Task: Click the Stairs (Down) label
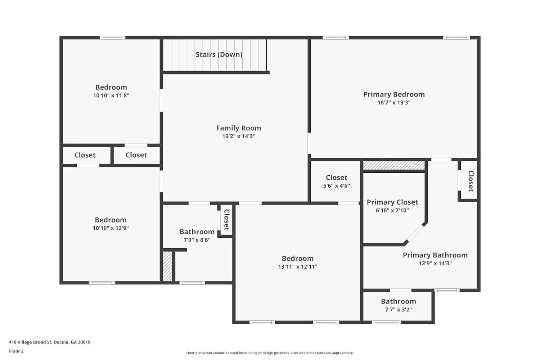point(219,54)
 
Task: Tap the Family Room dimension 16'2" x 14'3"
point(238,136)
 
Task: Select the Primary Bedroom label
point(394,94)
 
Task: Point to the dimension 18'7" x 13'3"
point(394,103)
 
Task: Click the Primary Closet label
point(392,202)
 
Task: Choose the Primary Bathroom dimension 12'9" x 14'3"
point(435,263)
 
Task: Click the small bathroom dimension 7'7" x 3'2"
point(398,310)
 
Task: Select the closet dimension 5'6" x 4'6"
point(336,186)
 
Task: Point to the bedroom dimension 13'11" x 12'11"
point(297,267)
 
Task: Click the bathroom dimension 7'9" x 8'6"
point(197,240)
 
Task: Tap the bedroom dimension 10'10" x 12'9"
point(111,228)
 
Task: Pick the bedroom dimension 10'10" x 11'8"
point(111,95)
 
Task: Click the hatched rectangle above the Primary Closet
point(394,165)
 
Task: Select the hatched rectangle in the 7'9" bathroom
point(167,266)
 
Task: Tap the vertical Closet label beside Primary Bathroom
point(471,181)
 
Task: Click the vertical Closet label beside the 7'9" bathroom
point(226,220)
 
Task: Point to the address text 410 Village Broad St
point(50,342)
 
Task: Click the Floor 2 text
point(16,351)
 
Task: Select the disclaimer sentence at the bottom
point(270,353)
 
